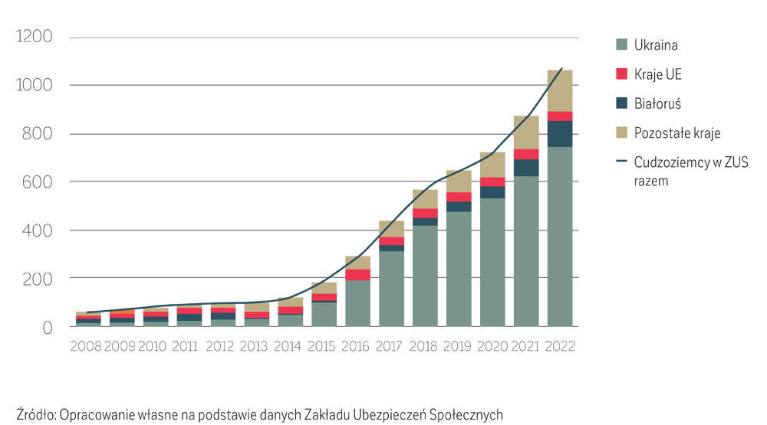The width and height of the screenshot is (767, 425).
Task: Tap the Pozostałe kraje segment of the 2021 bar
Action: click(526, 132)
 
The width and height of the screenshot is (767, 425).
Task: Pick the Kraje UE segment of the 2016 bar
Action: click(357, 274)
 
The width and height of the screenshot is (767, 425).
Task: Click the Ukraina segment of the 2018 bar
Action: click(425, 276)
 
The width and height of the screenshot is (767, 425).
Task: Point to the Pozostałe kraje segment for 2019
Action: click(459, 181)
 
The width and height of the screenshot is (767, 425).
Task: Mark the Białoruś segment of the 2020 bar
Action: click(492, 192)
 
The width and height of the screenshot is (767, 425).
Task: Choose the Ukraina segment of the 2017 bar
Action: click(391, 288)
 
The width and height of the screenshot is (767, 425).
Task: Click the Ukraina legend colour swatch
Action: click(621, 44)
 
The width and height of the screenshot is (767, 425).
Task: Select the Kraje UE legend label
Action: click(657, 74)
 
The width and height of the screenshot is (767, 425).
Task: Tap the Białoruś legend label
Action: click(657, 103)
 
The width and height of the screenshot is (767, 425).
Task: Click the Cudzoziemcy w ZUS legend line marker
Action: click(621, 162)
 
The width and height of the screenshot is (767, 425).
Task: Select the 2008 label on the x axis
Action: click(85, 345)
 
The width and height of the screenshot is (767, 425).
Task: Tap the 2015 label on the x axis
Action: click(324, 345)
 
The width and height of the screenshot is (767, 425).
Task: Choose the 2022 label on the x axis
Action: click(560, 345)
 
